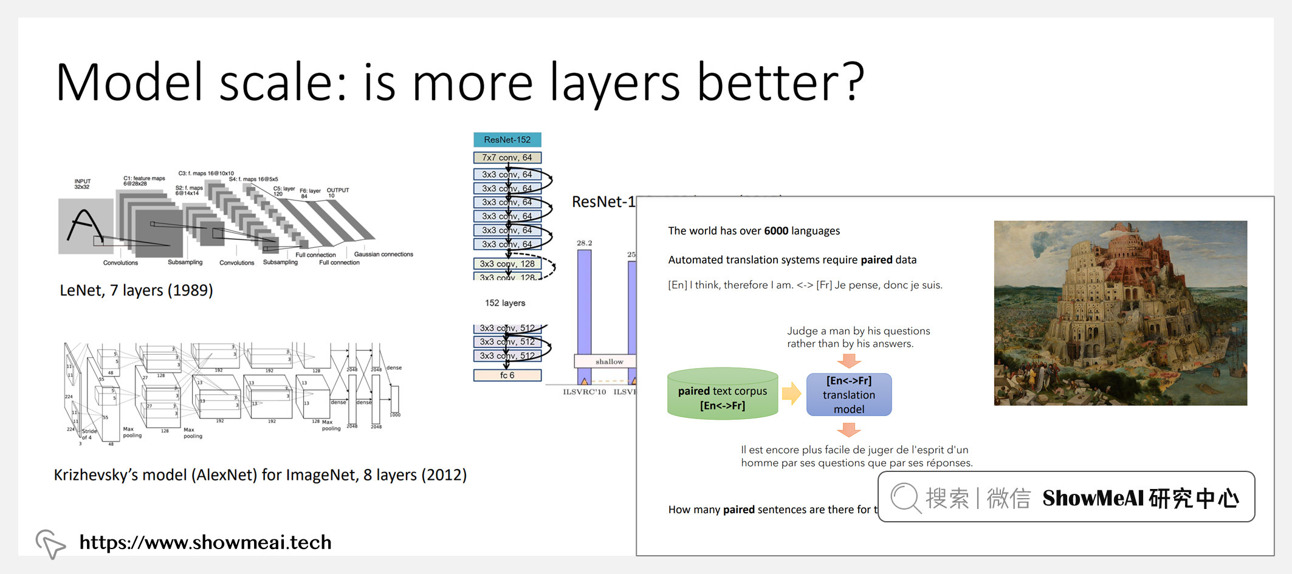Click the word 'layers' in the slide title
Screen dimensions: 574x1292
click(x=614, y=83)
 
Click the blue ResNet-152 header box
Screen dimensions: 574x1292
click(x=507, y=140)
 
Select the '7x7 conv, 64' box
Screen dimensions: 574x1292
click(x=507, y=157)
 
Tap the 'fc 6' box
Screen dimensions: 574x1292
click(x=507, y=375)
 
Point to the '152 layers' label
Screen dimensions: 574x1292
click(x=504, y=303)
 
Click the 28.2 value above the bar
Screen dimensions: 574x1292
click(x=584, y=243)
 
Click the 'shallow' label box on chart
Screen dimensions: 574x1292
click(x=608, y=361)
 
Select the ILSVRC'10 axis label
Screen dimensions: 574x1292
click(x=584, y=392)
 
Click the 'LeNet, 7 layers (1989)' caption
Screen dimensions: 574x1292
click(x=136, y=290)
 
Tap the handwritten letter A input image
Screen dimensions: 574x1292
click(x=85, y=226)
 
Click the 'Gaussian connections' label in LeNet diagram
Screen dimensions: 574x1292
click(x=383, y=254)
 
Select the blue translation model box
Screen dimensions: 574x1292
click(x=848, y=395)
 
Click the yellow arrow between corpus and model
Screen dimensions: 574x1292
click(x=791, y=394)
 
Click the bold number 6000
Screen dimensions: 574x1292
click(x=775, y=231)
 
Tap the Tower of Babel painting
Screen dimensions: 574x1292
click(x=1120, y=313)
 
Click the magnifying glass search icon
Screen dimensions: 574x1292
click(x=905, y=498)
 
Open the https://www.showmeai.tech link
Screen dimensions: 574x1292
click(x=205, y=542)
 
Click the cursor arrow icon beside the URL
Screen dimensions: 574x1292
click(x=50, y=542)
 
